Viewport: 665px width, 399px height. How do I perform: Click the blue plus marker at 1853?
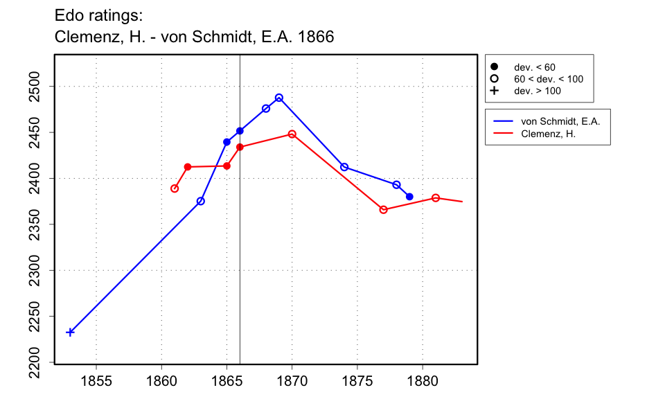70,332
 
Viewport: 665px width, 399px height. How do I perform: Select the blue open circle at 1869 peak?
279,98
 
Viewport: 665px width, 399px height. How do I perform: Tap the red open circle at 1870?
292,134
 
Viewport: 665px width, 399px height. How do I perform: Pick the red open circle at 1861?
175,188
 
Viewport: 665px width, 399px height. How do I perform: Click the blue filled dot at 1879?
409,197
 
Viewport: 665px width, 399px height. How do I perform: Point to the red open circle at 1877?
383,210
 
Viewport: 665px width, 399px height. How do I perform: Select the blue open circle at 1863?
201,201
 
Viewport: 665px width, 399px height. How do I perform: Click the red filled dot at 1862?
188,167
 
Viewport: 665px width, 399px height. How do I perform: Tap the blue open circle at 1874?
344,167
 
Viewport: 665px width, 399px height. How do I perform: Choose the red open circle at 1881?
436,198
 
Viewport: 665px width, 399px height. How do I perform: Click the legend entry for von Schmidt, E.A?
560,121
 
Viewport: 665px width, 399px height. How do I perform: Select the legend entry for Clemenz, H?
548,134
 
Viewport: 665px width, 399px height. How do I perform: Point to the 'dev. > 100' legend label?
537,91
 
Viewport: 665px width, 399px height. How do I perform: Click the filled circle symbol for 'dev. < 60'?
494,67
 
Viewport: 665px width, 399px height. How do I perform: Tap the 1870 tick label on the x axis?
292,380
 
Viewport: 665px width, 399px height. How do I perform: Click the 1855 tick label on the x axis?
96,380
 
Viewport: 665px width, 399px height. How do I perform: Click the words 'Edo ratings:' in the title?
98,15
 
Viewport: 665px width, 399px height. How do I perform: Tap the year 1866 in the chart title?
316,37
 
